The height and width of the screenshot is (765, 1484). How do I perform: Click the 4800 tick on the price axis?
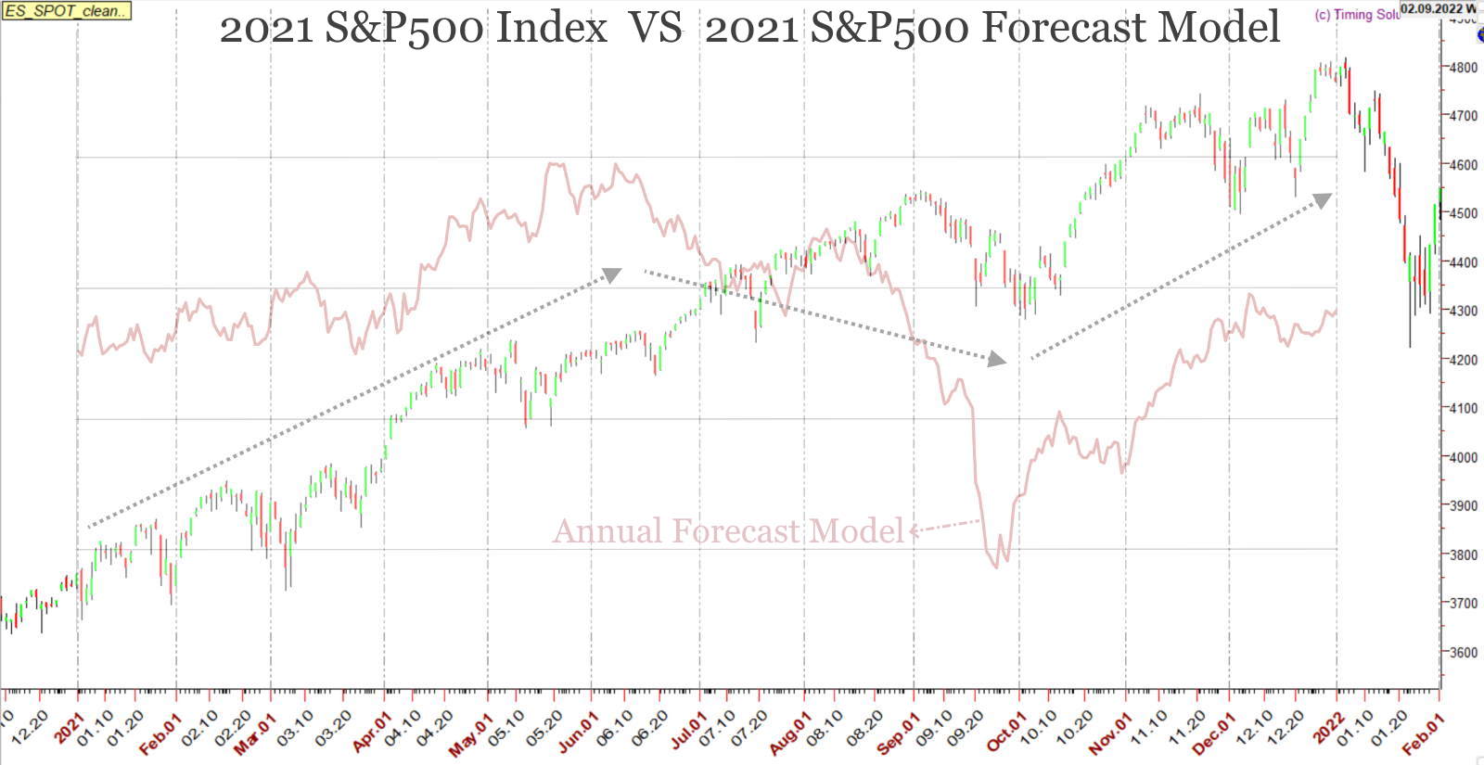tap(1464, 68)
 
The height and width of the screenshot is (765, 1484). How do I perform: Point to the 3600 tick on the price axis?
tap(1464, 653)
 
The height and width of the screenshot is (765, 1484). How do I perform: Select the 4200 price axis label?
tap(1464, 360)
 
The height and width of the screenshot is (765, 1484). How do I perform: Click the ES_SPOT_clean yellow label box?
tap(66, 11)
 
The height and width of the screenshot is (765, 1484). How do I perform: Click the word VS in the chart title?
tap(656, 28)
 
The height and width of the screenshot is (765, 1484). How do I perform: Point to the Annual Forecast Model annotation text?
tap(728, 531)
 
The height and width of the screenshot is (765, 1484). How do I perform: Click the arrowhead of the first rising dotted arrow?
tap(612, 274)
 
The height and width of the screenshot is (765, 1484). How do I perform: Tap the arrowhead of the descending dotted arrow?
tap(997, 359)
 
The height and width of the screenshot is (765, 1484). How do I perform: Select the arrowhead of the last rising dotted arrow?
tap(1323, 199)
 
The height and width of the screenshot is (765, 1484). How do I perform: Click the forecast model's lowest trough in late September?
tap(996, 566)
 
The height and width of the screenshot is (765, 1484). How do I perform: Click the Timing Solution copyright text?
tap(1356, 15)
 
